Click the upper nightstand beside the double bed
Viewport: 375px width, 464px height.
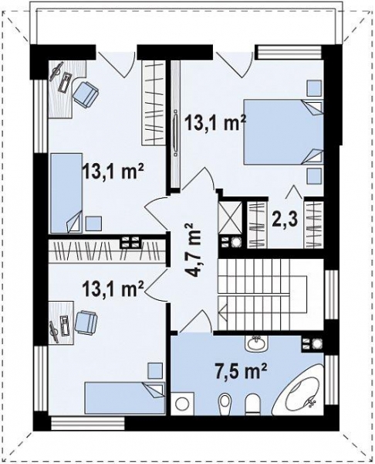tap(313, 87)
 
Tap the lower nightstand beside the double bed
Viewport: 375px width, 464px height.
tap(313, 176)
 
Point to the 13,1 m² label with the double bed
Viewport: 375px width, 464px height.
tap(215, 121)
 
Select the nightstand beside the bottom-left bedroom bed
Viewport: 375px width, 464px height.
tap(154, 370)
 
